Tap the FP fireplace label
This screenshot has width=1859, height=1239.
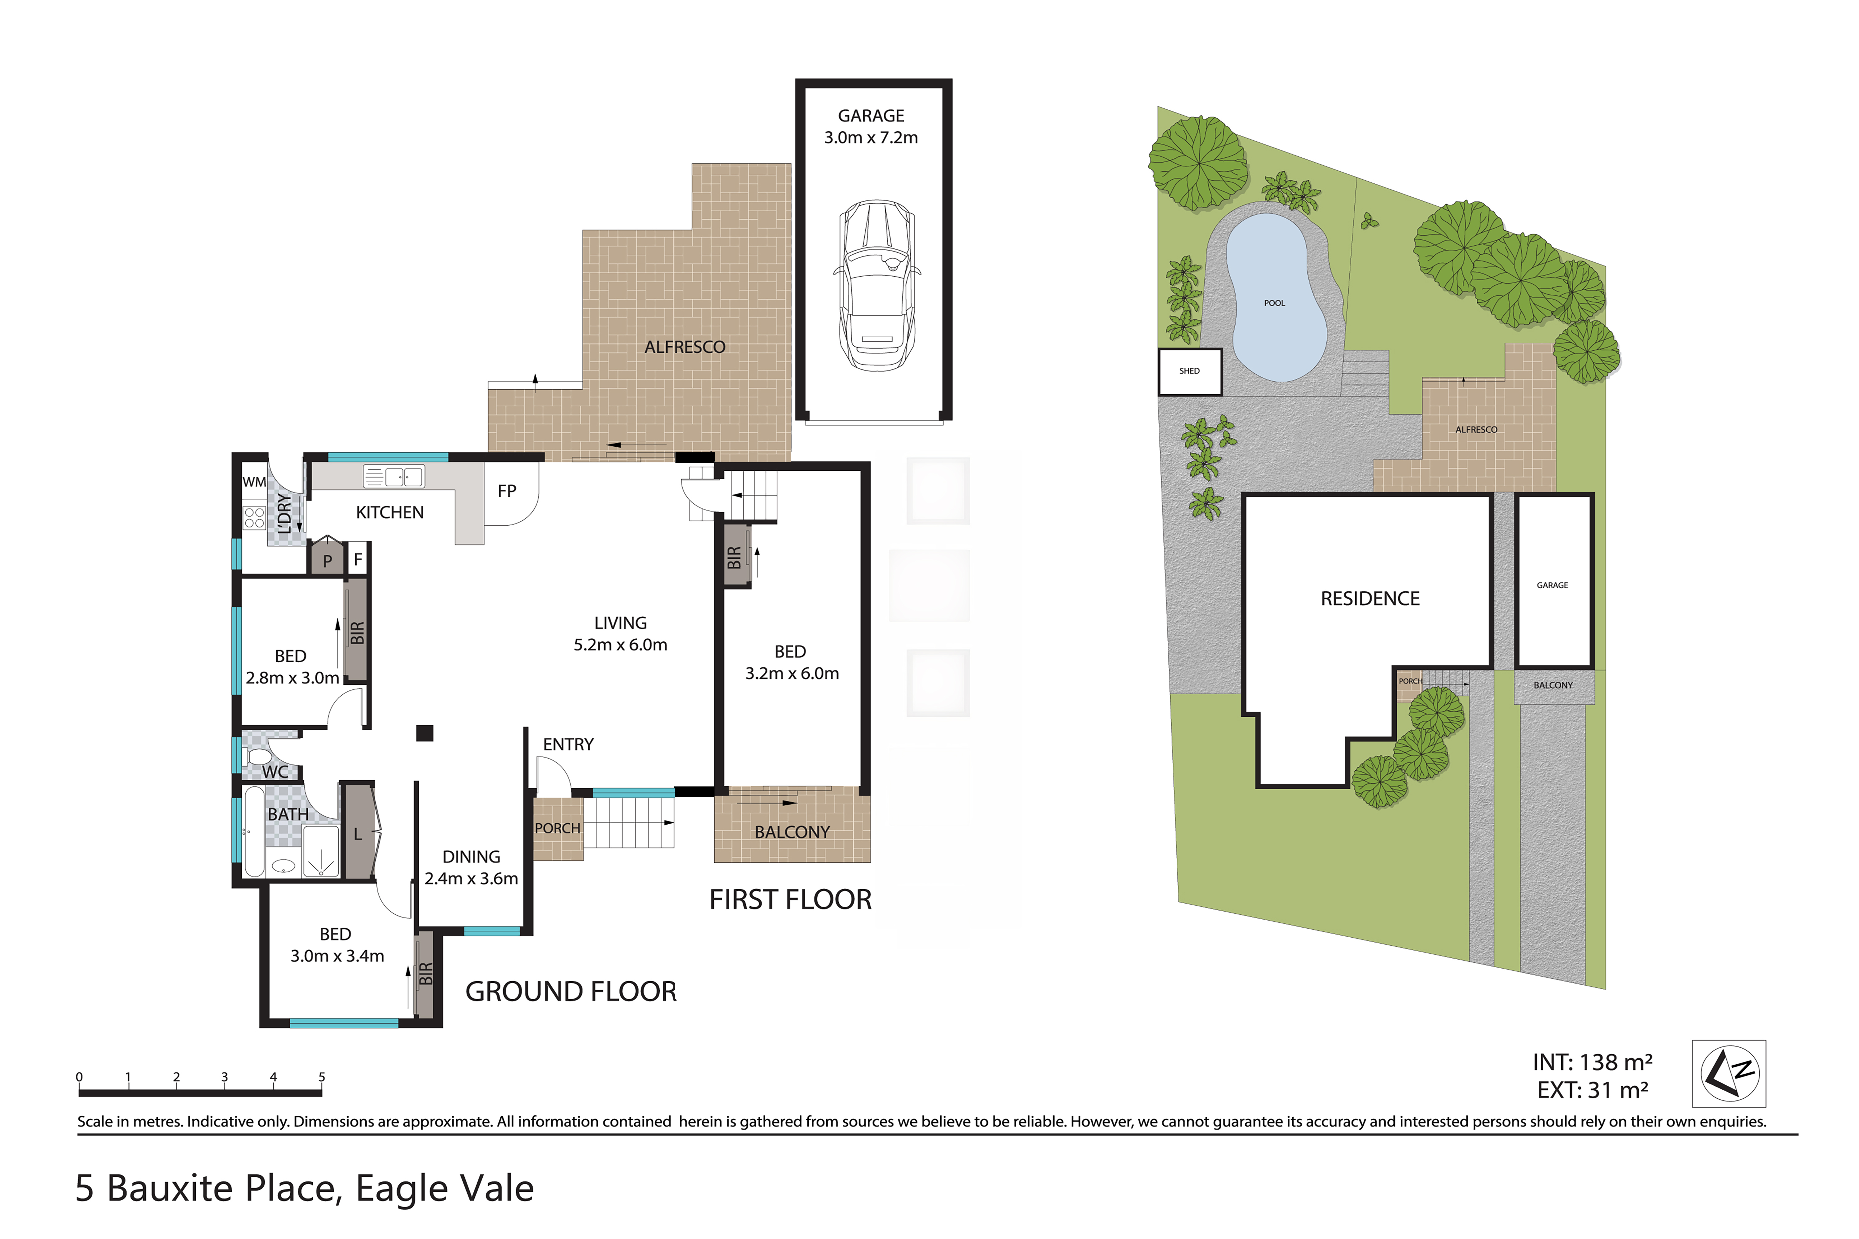pos(507,491)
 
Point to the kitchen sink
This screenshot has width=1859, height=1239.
pos(393,476)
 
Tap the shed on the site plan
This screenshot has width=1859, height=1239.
pos(1189,371)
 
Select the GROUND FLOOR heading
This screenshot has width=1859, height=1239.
pos(571,992)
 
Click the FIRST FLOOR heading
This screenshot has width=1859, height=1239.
pos(790,899)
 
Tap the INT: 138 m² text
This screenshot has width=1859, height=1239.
pos(1593,1062)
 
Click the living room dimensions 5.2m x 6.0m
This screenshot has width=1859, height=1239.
pos(621,645)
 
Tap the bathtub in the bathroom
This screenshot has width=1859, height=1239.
pos(254,832)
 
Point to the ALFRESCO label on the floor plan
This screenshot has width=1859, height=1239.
pos(684,347)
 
